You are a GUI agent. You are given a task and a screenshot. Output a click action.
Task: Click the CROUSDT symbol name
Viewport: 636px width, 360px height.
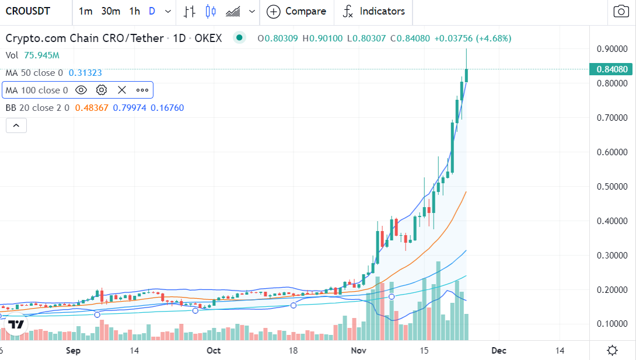click(x=29, y=11)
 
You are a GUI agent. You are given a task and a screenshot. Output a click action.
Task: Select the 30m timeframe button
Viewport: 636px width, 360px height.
click(x=110, y=11)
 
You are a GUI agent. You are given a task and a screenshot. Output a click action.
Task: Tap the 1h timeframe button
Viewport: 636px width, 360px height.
click(x=135, y=11)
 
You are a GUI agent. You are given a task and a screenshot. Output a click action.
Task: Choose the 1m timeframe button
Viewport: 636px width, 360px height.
click(x=85, y=11)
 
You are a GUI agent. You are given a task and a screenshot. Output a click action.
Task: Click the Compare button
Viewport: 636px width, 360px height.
click(x=297, y=11)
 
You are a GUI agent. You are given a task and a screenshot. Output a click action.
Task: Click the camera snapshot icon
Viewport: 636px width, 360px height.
click(x=620, y=11)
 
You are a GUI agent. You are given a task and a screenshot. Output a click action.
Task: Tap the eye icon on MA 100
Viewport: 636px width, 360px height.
click(x=81, y=90)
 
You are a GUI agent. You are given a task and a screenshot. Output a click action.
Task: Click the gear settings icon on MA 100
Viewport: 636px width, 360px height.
click(x=102, y=90)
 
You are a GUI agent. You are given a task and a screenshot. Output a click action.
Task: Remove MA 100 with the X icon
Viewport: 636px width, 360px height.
click(x=122, y=90)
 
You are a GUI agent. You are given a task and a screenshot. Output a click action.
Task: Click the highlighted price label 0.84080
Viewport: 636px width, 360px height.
click(x=613, y=70)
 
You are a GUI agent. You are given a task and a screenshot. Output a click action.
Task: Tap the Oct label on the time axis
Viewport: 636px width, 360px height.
click(x=214, y=351)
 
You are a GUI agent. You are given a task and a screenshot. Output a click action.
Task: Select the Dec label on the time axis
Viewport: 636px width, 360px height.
click(x=498, y=351)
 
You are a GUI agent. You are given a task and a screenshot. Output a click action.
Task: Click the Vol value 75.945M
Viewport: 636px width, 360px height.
click(x=42, y=55)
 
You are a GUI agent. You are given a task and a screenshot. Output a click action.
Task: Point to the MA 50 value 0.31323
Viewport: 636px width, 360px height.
click(x=85, y=73)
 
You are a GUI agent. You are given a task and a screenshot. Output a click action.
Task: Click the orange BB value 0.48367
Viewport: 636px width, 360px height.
click(x=92, y=108)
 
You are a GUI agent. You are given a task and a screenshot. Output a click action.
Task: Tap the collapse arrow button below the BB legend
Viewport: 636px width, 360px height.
click(x=16, y=125)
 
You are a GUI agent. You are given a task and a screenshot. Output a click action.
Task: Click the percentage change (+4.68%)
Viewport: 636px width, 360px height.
click(x=494, y=39)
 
